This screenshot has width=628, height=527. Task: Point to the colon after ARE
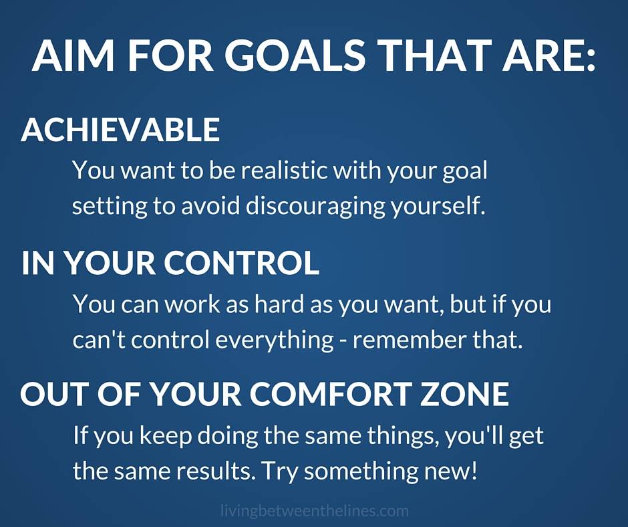tap(591, 60)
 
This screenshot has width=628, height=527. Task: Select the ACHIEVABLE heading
tap(120, 129)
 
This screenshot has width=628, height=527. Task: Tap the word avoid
tap(210, 205)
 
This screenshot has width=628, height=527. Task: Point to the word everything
tap(275, 340)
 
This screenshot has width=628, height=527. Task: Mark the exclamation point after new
tap(474, 470)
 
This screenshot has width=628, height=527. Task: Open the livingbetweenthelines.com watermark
tap(315, 511)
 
